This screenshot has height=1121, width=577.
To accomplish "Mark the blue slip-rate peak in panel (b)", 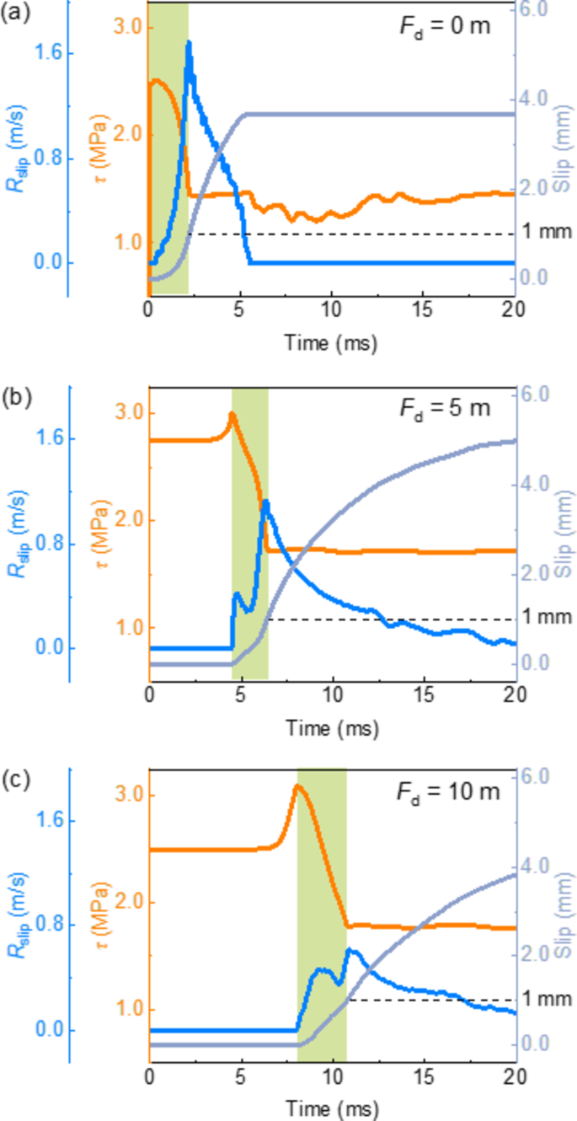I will [x=265, y=501].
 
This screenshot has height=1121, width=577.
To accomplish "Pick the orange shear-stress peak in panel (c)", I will [x=297, y=786].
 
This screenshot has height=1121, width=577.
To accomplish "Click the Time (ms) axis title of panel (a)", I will [x=331, y=343].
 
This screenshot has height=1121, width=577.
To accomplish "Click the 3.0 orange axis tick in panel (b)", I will [x=127, y=414].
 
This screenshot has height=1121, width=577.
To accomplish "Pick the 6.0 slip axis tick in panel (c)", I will [x=537, y=776].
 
